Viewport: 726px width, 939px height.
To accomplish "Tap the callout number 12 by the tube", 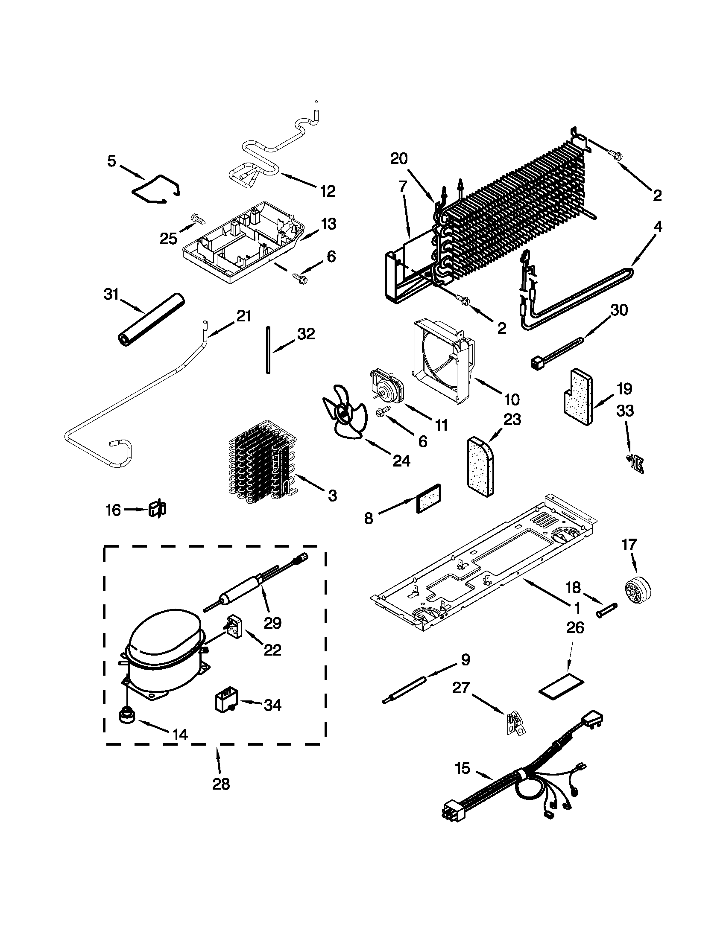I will click(328, 191).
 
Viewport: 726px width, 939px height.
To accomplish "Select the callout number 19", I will click(624, 389).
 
